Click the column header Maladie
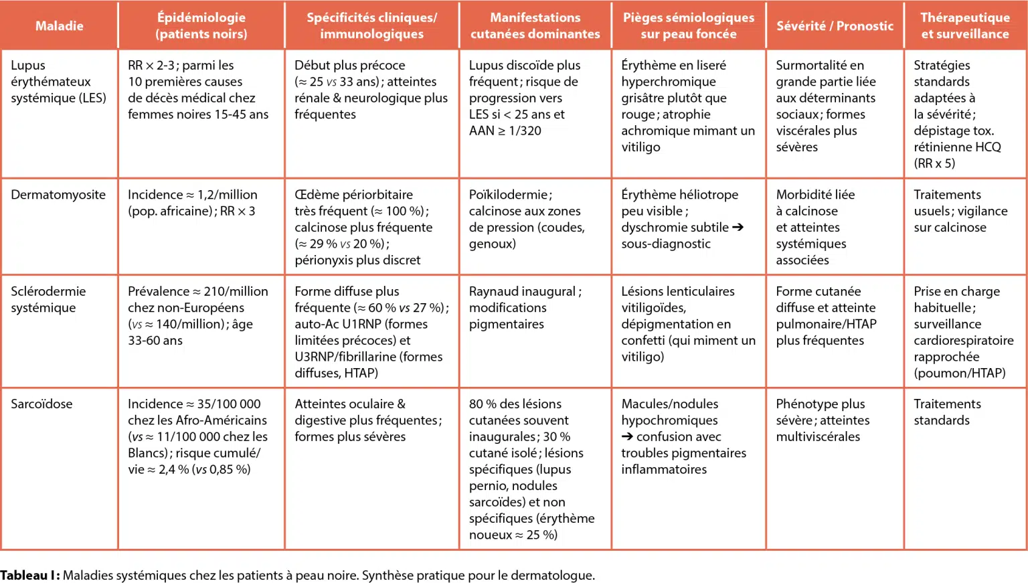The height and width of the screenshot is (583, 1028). coord(59,26)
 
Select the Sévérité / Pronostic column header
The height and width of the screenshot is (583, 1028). coord(835,26)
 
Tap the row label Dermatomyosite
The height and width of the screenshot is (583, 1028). coord(58,195)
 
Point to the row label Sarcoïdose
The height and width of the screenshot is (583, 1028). coord(41,404)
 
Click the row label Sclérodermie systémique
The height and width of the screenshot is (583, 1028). coord(48,300)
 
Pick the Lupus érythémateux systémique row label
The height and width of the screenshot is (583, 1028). coord(58,82)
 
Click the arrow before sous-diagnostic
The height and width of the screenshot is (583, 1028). coord(738,228)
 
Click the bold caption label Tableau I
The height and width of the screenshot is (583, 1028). coord(29,576)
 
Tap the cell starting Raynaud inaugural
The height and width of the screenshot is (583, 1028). coord(525,308)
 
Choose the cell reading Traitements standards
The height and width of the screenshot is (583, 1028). coord(947,412)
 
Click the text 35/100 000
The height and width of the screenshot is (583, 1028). coord(229,404)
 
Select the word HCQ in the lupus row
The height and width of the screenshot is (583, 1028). coord(988,147)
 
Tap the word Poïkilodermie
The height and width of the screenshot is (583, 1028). coord(508,195)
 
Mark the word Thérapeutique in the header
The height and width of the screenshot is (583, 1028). coord(964,18)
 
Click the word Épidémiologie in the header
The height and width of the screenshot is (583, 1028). coord(201,18)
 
